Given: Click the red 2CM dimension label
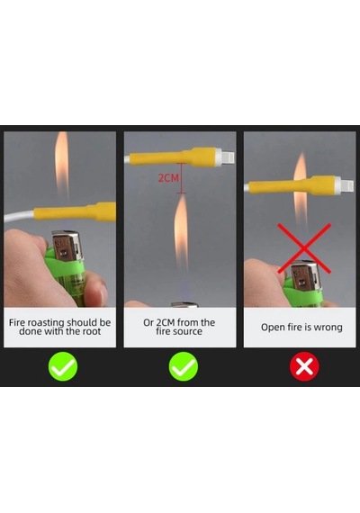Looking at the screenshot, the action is click(168, 177).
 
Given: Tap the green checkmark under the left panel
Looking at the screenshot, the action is click(63, 366).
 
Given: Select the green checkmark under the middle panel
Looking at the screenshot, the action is click(184, 366).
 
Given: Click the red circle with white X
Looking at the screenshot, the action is click(304, 366).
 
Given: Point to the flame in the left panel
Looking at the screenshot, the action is click(61, 164).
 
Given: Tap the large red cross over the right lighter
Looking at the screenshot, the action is click(304, 248).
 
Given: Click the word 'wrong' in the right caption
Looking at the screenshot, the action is click(328, 328).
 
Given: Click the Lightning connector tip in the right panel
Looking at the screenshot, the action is click(348, 186).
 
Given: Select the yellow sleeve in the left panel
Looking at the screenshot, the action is click(76, 212).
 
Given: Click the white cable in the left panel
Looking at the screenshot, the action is click(19, 216).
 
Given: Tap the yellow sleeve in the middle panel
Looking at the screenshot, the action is click(173, 157).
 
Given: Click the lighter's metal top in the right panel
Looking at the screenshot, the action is click(304, 274).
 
